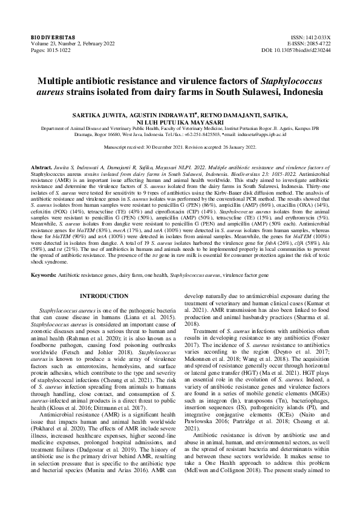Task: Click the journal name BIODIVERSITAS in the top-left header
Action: [x=48, y=37]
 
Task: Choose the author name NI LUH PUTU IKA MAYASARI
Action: [x=180, y=121]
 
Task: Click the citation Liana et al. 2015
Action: [x=154, y=315]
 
